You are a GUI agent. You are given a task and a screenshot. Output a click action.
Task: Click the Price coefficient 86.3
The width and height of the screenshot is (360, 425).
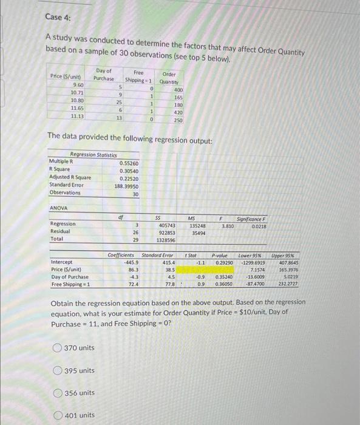click(x=133, y=269)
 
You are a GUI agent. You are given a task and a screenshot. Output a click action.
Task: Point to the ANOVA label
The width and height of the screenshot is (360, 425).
click(x=59, y=209)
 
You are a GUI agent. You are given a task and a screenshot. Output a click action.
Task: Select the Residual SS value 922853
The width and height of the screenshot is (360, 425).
click(x=167, y=232)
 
